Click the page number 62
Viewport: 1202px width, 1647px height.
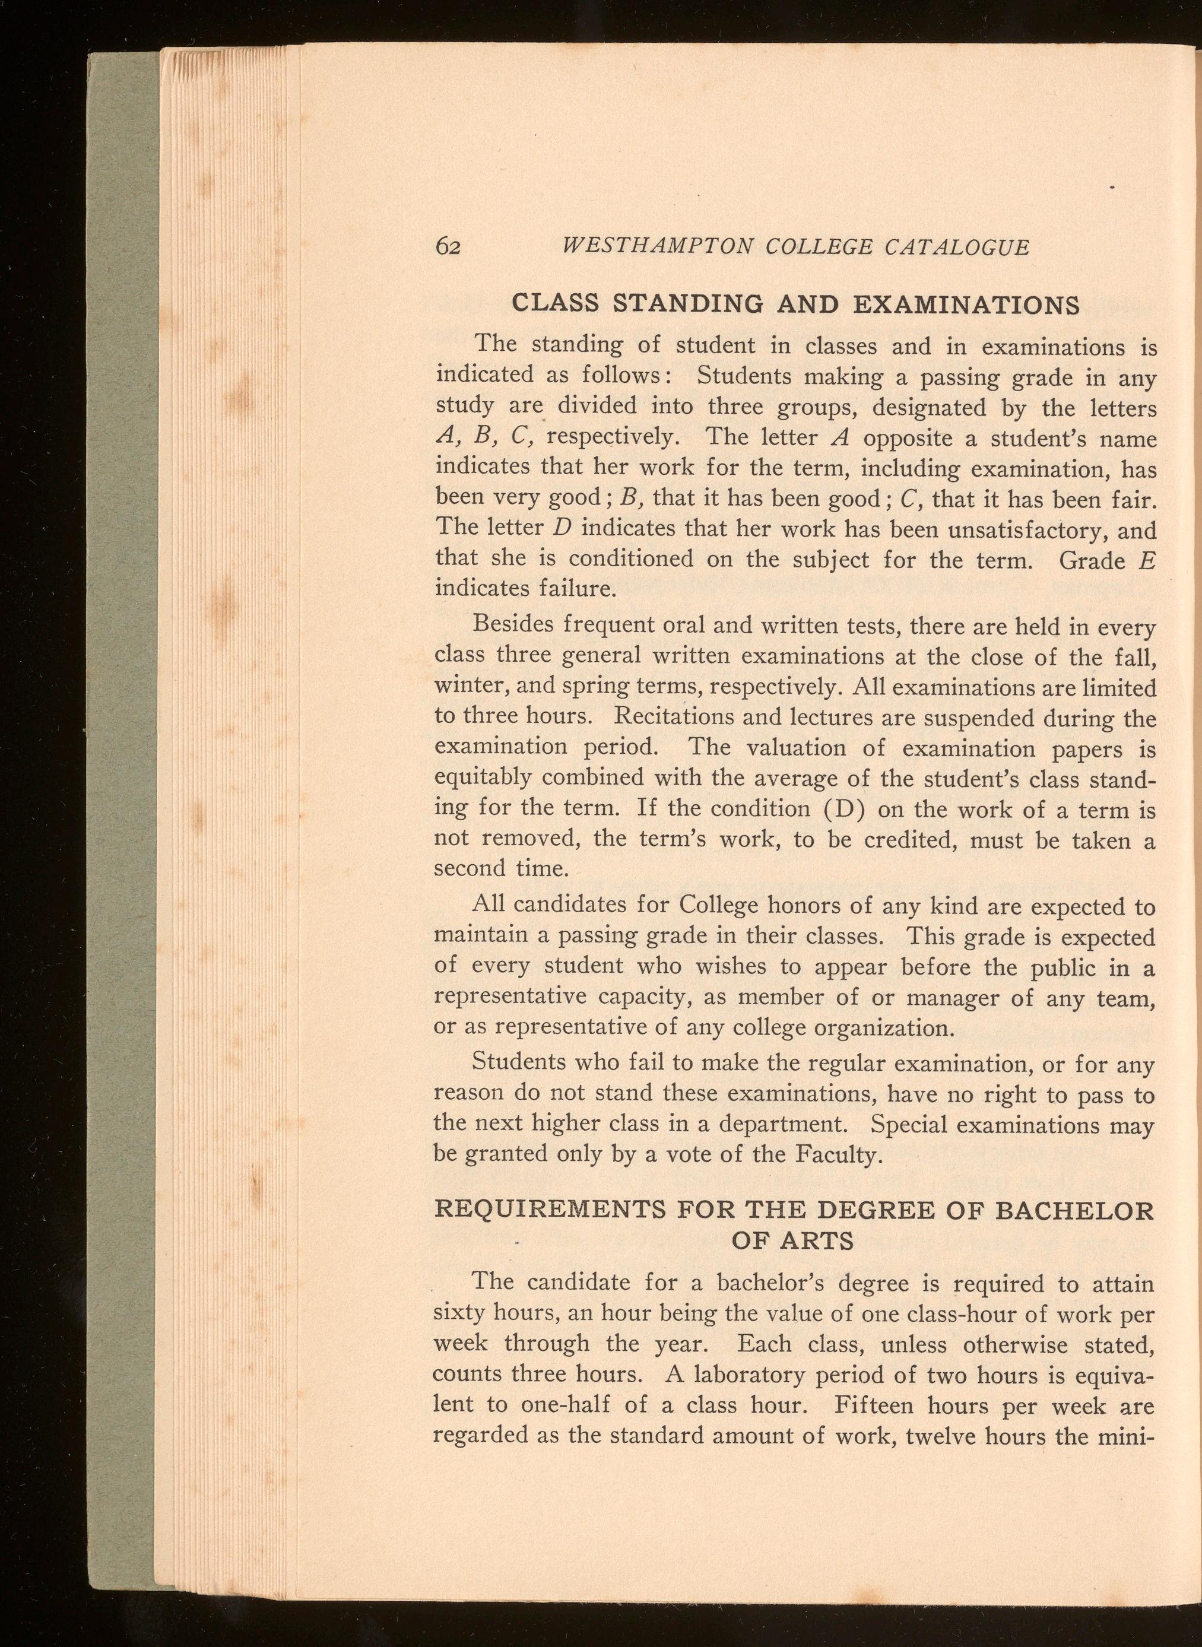(448, 247)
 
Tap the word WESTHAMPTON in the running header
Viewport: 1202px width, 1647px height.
(656, 247)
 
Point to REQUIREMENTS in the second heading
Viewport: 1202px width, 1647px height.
(548, 1211)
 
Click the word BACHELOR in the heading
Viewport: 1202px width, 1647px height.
(1073, 1211)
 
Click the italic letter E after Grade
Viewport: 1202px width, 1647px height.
(1150, 560)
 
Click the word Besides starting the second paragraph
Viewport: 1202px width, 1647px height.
(515, 625)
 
